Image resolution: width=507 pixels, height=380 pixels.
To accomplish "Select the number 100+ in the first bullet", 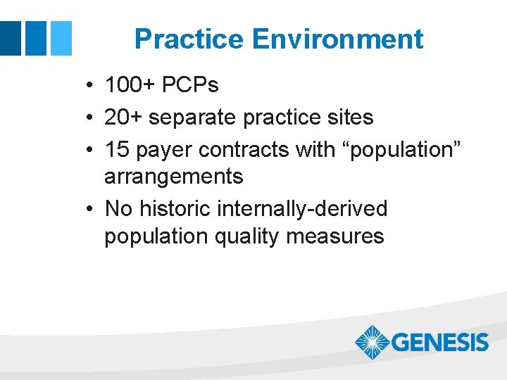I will tap(131, 86).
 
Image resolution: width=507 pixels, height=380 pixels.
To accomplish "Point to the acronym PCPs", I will tap(191, 86).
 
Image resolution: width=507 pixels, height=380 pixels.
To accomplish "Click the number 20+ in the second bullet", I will tap(123, 117).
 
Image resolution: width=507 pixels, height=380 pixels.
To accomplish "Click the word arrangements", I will tap(173, 177).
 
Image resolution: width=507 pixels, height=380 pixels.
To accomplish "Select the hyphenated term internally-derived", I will tap(303, 208).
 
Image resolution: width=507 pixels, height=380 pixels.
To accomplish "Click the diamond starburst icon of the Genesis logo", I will tap(371, 343).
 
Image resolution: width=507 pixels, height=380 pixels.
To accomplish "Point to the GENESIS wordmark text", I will tap(439, 343).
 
